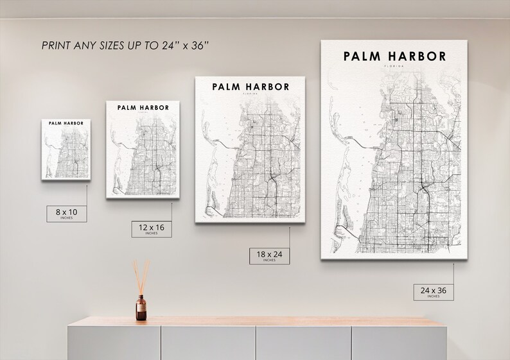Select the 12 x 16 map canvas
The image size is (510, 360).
click(x=143, y=148)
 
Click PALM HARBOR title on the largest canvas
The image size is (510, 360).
click(x=394, y=56)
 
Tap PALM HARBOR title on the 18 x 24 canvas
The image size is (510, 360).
click(x=251, y=87)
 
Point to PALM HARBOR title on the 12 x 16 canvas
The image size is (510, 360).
click(x=143, y=107)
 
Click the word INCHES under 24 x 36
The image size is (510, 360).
click(x=433, y=297)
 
